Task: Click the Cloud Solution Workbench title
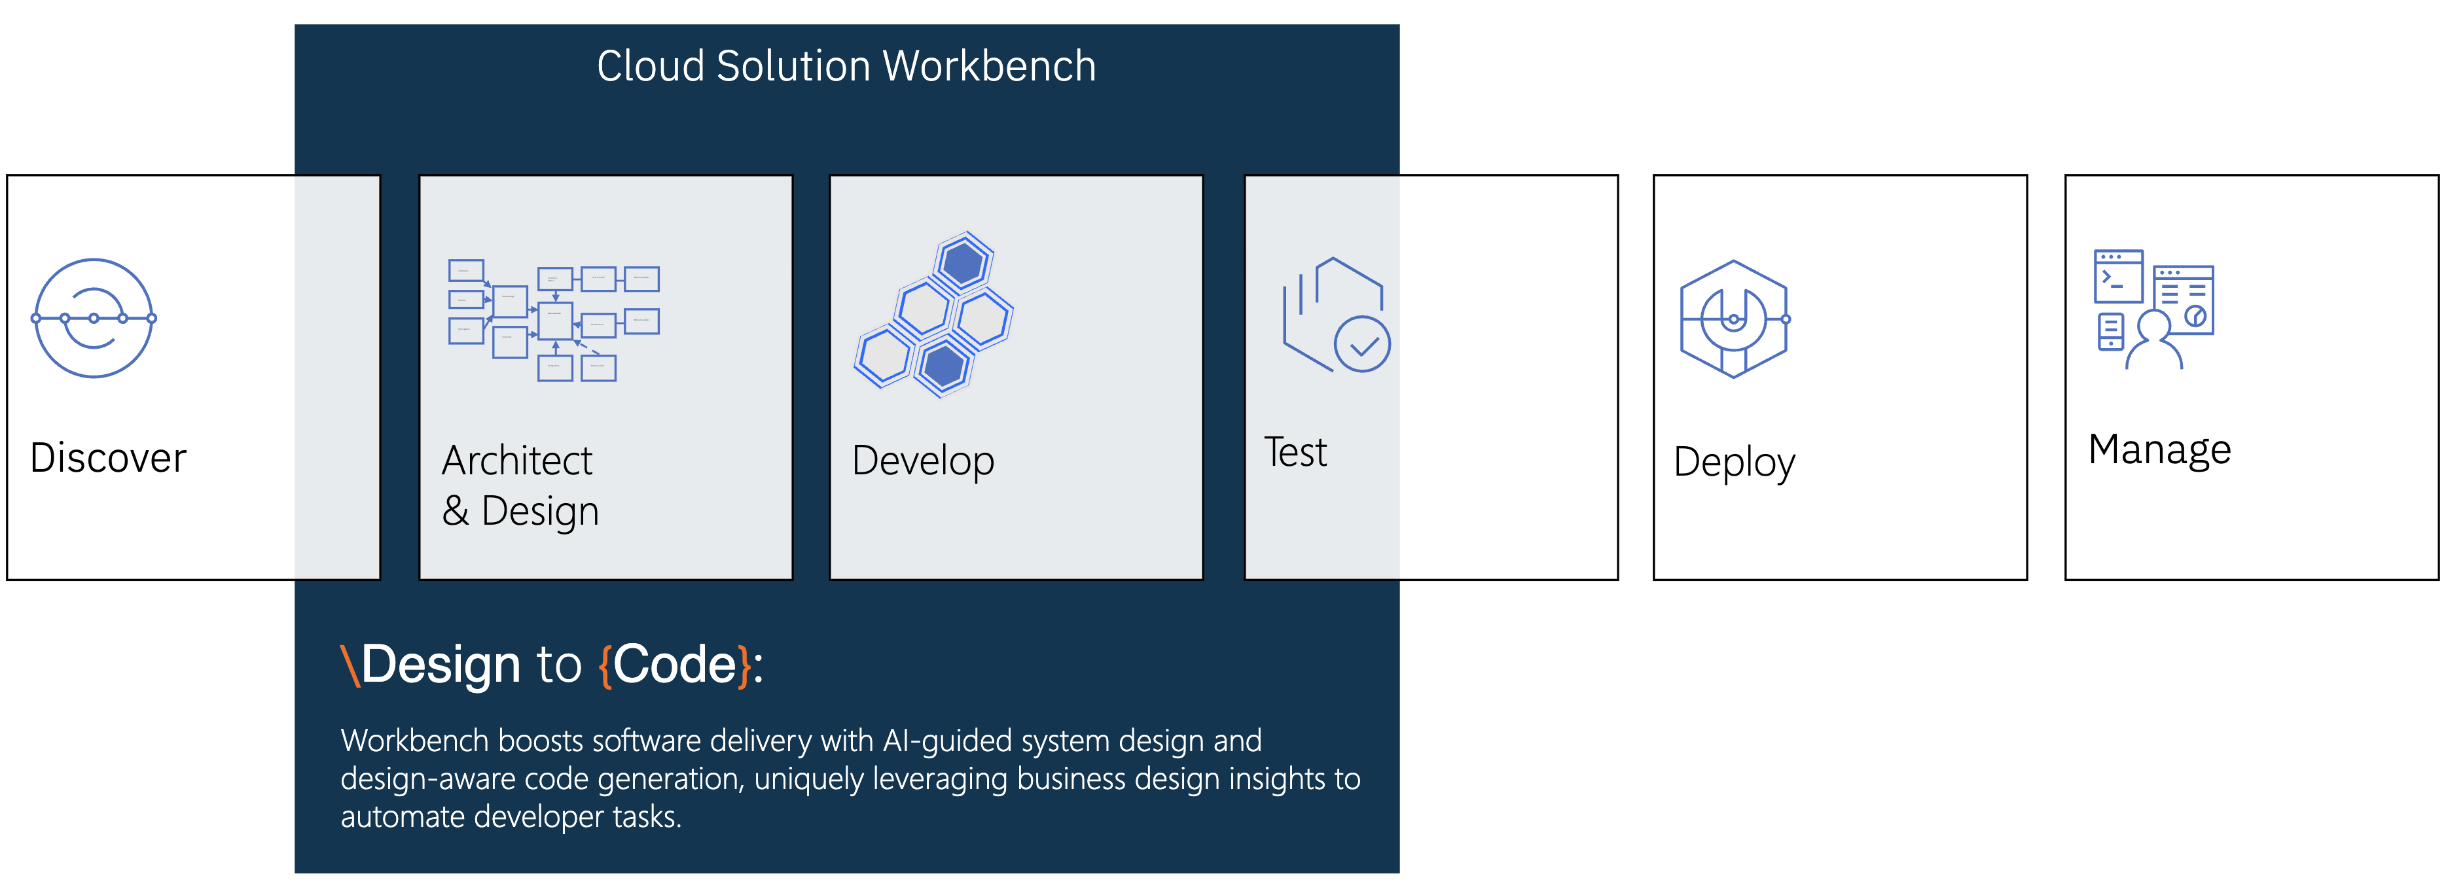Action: [846, 67]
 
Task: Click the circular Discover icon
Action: [93, 318]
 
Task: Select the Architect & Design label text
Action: [520, 485]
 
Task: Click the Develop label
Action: [923, 461]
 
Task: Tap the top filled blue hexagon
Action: [963, 262]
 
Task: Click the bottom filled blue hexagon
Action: [944, 366]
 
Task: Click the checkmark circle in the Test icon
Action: [1362, 345]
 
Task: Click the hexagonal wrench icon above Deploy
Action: [1733, 319]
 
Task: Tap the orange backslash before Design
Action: [350, 665]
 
